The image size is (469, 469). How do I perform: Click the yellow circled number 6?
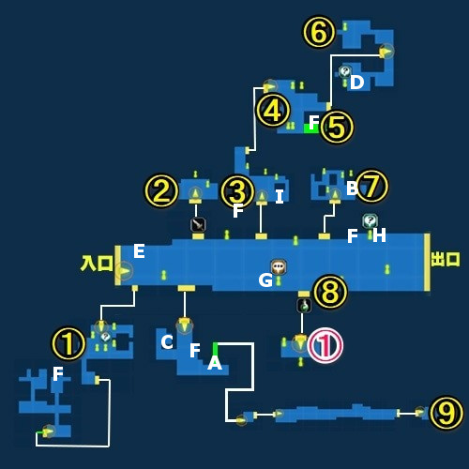pos(319,32)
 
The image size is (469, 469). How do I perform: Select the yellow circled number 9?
pos(446,413)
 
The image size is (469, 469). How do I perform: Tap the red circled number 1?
pos(325,345)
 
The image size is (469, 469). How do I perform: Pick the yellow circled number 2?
pos(161,190)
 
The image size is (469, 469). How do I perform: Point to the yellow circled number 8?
pos(330,292)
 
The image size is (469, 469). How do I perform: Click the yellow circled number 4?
pos(274,111)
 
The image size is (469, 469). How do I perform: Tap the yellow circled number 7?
pos(372,187)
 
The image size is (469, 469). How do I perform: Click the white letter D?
pos(357,83)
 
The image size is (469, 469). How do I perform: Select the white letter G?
pos(265,280)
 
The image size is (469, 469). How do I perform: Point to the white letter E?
pos(139,251)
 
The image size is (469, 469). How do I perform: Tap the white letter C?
pos(167,342)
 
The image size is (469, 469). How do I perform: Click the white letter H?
pos(379,235)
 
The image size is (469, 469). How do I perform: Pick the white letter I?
pos(280,197)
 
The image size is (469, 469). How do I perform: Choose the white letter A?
pos(215,363)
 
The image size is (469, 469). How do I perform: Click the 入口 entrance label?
pos(97,264)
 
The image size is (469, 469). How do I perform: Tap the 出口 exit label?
pos(446,260)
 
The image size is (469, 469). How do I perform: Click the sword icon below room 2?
pos(198,224)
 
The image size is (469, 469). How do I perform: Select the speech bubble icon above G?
pos(279,266)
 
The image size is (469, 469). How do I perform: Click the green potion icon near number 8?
pos(304,306)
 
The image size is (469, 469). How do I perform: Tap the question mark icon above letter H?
pos(371,220)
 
